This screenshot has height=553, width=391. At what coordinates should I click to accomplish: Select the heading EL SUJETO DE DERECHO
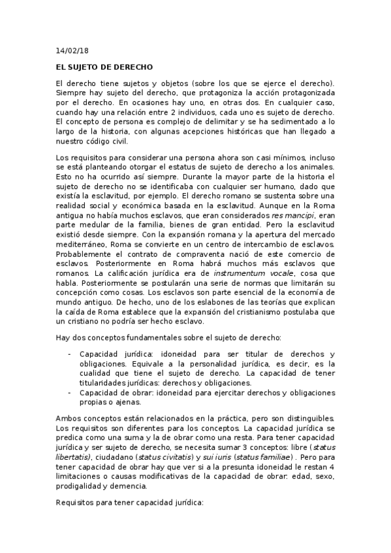(104, 67)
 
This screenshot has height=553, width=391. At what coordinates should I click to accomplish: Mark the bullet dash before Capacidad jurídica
(69, 354)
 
